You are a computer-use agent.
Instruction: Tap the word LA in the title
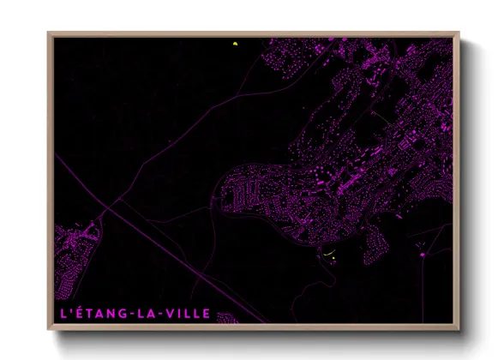[145, 314]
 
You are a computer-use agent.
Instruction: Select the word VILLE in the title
[188, 314]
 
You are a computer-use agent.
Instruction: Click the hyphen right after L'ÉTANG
[127, 314]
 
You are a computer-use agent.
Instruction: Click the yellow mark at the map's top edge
[233, 44]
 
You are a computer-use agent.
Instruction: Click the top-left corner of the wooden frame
[49, 33]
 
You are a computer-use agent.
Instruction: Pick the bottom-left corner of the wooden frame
[49, 329]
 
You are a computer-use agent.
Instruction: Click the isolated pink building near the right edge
[422, 255]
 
